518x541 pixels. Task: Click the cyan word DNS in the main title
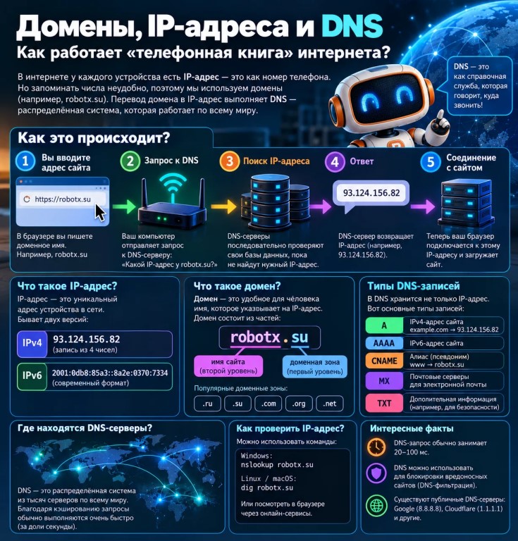(352, 26)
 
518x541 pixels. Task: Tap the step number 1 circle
(25, 161)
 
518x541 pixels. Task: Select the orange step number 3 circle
(230, 161)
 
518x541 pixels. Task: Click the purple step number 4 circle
(335, 161)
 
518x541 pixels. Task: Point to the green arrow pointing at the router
(124, 206)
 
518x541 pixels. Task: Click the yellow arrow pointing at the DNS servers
(223, 206)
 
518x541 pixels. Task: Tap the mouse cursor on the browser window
(100, 212)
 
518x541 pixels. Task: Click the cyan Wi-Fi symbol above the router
(173, 186)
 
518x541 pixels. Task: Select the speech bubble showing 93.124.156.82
(371, 195)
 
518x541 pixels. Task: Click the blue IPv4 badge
(32, 344)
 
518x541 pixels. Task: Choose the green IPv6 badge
(32, 376)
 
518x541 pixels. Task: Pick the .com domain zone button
(268, 404)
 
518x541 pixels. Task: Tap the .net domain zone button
(330, 404)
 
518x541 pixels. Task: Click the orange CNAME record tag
(384, 361)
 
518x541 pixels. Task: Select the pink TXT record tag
(384, 403)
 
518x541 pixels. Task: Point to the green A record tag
(384, 325)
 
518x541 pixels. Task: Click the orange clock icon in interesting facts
(376, 447)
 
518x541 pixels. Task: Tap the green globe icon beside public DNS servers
(376, 506)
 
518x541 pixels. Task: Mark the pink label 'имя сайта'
(228, 366)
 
